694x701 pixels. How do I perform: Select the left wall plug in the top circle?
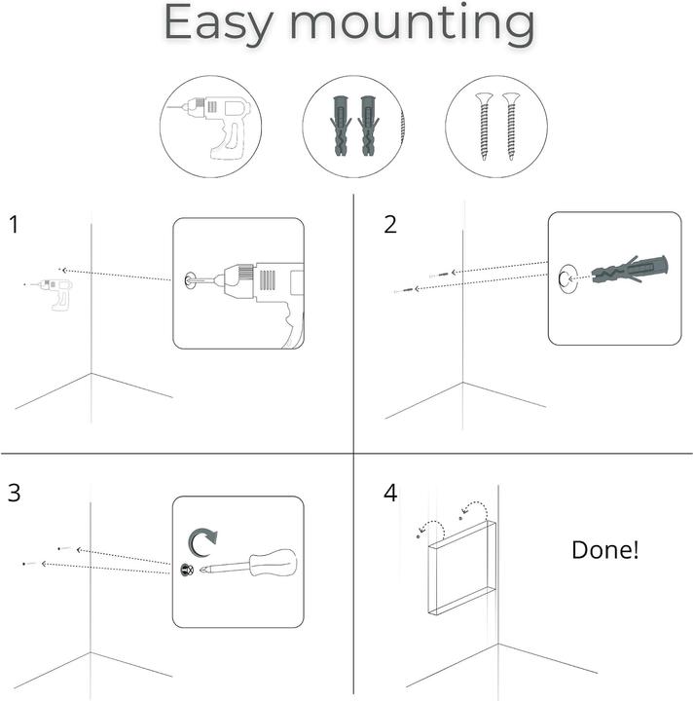(342, 127)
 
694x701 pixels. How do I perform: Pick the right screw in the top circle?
(510, 127)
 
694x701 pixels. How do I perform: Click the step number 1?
(14, 225)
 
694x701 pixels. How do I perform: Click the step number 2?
(390, 225)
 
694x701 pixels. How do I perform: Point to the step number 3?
(14, 493)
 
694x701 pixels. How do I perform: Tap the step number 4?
(390, 493)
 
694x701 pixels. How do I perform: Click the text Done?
(605, 549)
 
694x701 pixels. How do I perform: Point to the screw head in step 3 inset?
(188, 570)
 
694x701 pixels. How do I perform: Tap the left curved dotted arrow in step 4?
(432, 527)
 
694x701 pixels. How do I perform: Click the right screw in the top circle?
(510, 127)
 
